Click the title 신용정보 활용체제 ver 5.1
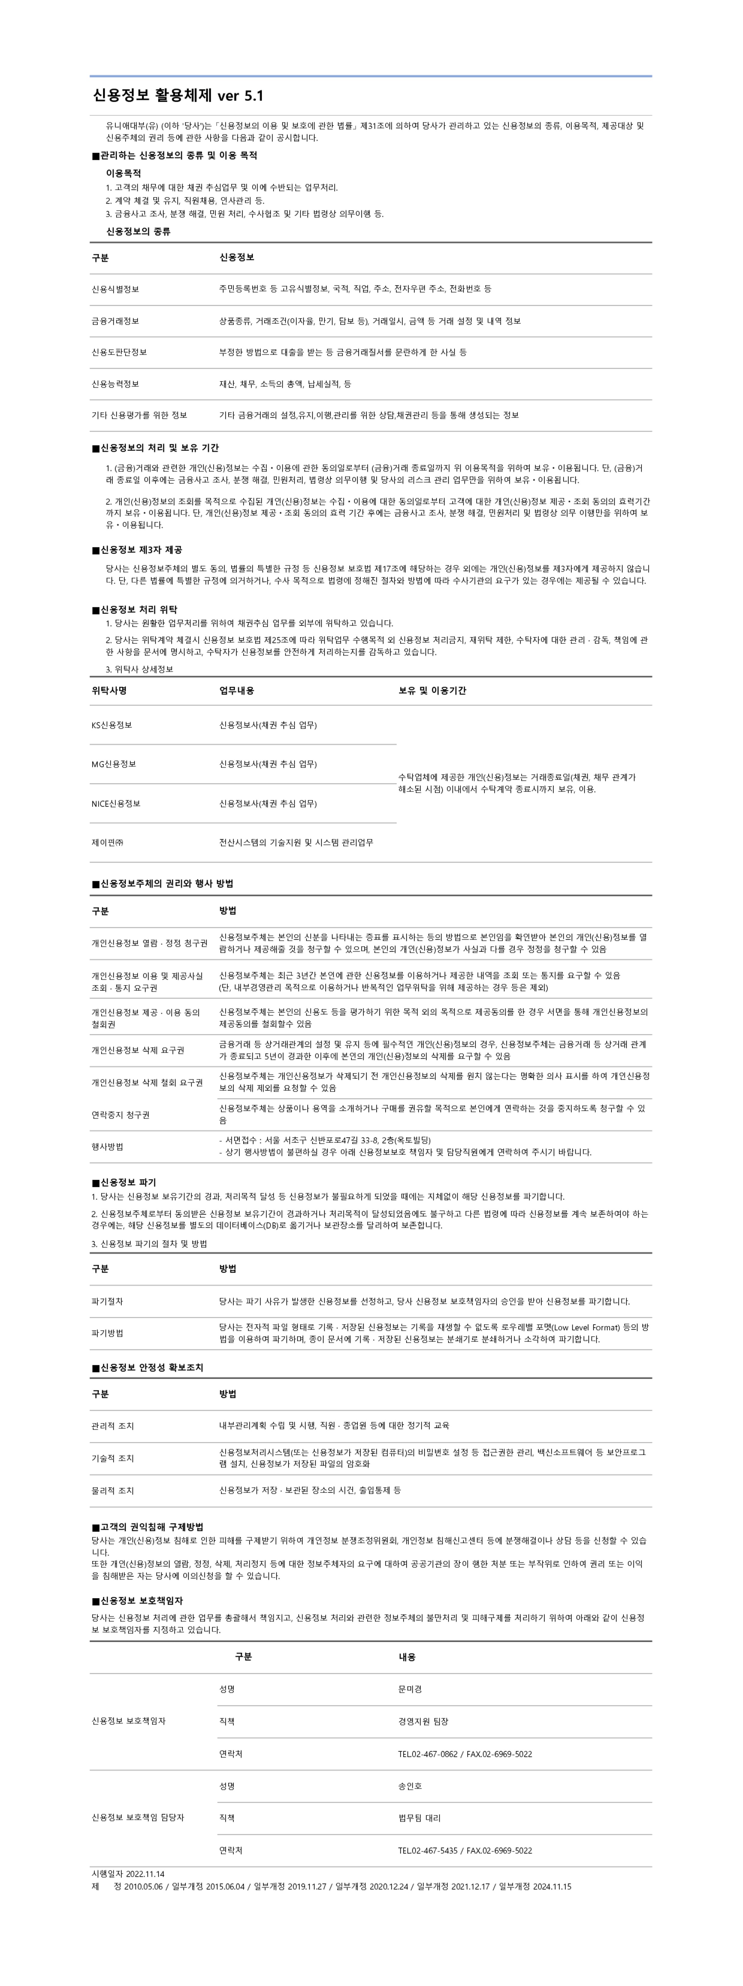(x=178, y=95)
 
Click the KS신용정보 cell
(x=112, y=725)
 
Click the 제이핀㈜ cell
(x=108, y=843)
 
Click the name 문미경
(x=410, y=1689)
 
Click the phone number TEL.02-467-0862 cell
(x=465, y=1754)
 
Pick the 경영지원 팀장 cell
(x=423, y=1721)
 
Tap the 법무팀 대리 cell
(x=419, y=1818)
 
